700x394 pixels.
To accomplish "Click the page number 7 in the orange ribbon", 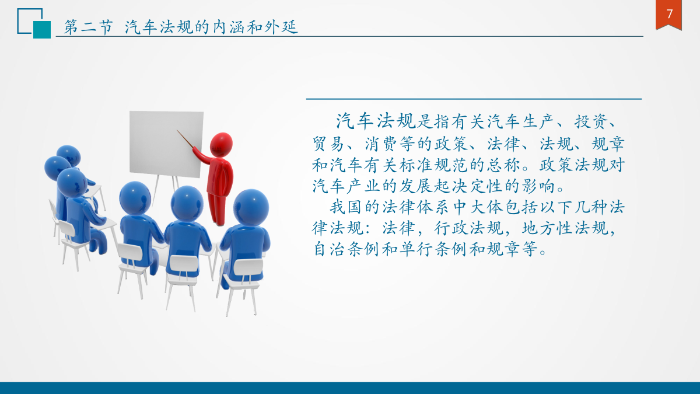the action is (669, 14).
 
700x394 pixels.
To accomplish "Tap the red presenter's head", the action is (221, 145).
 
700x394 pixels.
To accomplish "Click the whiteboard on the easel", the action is (166, 144).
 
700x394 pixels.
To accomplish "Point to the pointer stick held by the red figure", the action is (185, 140).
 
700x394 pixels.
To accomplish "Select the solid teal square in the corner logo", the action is (42, 30).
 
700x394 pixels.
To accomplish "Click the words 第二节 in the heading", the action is (88, 27).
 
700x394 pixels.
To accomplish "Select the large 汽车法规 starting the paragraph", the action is (376, 121).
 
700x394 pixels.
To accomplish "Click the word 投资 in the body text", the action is (591, 121).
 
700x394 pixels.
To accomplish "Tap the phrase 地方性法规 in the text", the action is (565, 228).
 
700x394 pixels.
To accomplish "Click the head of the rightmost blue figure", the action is (251, 208).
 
